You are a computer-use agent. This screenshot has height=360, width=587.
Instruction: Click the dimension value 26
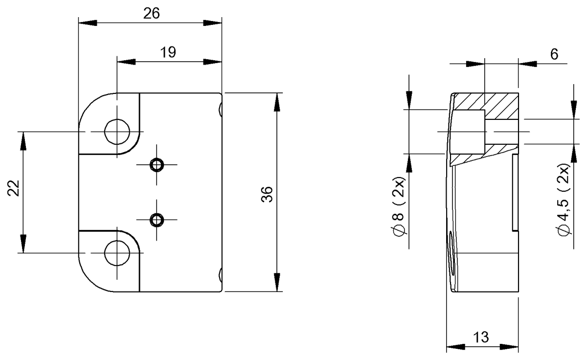[x=152, y=14]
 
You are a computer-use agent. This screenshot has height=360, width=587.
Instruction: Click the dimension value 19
[x=168, y=52]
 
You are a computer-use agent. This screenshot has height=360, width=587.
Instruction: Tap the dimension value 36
[x=268, y=193]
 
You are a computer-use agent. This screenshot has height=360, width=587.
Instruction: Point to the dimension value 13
[x=481, y=337]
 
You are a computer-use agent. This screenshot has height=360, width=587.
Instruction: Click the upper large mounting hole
[x=117, y=131]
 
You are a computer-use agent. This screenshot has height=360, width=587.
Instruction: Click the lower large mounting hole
[x=117, y=253]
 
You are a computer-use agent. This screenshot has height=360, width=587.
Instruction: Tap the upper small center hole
[x=157, y=165]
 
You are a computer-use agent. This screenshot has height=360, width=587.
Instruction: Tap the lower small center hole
[x=157, y=220]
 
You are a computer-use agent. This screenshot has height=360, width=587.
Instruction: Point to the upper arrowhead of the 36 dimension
[x=277, y=101]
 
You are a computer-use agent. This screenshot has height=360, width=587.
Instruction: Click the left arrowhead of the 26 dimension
[x=87, y=23]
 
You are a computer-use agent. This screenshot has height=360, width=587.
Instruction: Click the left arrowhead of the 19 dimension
[x=125, y=62]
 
